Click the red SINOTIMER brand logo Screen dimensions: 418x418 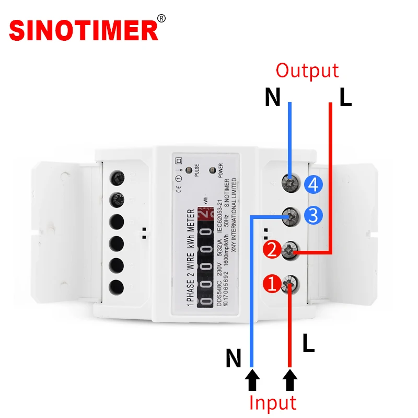pos(84,30)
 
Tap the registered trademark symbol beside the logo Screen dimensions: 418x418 pos(161,18)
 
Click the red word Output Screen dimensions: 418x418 pos(307,71)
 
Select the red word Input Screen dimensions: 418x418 pos(272,403)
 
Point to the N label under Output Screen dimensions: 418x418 pos(272,98)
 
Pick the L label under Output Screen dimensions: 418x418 pos(345,98)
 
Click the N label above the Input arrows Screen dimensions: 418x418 pos(234,358)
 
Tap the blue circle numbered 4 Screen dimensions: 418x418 pos(315,184)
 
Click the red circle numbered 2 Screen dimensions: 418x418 pos(272,250)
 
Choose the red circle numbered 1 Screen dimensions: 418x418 pos(272,284)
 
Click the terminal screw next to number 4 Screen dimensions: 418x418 pos(288,182)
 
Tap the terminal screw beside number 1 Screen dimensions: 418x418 pos(289,284)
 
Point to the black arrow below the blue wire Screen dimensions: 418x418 pos(252,380)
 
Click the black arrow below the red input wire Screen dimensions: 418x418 pos(290,380)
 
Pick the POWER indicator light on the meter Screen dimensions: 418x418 pos(212,170)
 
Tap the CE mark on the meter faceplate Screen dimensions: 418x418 pos(178,190)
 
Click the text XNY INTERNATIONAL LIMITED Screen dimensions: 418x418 pos(234,215)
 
